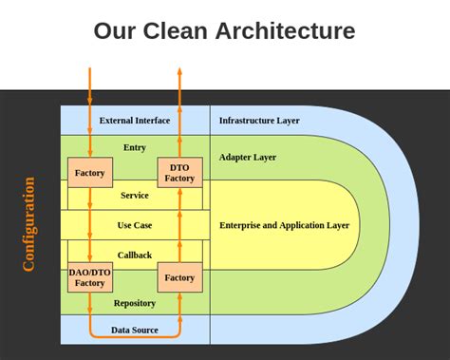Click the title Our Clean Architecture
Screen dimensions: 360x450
pyautogui.click(x=224, y=30)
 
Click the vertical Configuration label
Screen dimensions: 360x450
pyautogui.click(x=28, y=224)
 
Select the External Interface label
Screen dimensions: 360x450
pyautogui.click(x=135, y=121)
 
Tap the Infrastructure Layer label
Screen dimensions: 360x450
pyautogui.click(x=259, y=121)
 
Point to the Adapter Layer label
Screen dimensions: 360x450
pyautogui.click(x=248, y=157)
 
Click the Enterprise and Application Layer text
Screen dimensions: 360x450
pyautogui.click(x=284, y=225)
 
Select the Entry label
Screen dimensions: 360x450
pyautogui.click(x=135, y=147)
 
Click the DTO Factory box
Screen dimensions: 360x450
pyautogui.click(x=179, y=172)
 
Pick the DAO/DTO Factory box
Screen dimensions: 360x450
pyautogui.click(x=89, y=277)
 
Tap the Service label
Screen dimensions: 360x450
pyautogui.click(x=135, y=195)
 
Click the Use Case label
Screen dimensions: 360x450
pyautogui.click(x=135, y=225)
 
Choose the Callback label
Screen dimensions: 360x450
pyautogui.click(x=135, y=255)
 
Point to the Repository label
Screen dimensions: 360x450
pyautogui.click(x=135, y=303)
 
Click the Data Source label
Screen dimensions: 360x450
pyautogui.click(x=135, y=330)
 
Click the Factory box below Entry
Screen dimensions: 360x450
pyautogui.click(x=89, y=172)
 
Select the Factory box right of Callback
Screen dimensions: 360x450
pyautogui.click(x=179, y=277)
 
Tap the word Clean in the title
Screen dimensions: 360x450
pyautogui.click(x=175, y=30)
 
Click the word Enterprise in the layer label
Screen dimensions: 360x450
pyautogui.click(x=242, y=225)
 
